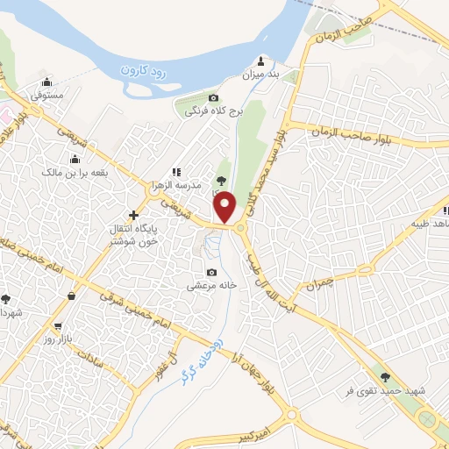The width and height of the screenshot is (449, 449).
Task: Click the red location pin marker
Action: [226, 207]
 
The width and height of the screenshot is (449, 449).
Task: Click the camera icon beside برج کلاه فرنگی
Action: [214, 97]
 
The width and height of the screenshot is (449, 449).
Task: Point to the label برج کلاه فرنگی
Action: [208, 111]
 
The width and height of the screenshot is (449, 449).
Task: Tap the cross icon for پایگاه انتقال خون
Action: [133, 215]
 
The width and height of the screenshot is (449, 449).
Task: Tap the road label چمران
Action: [321, 283]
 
